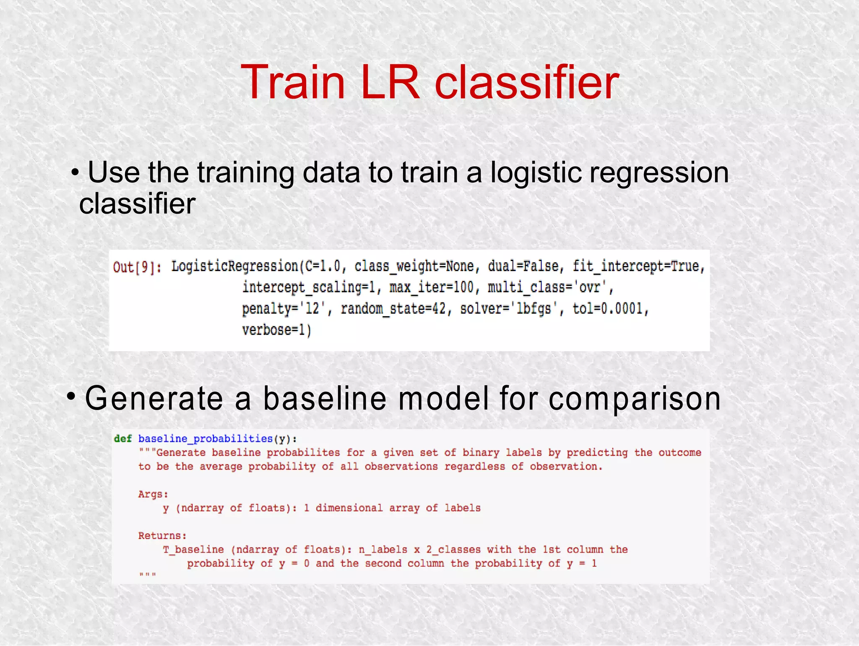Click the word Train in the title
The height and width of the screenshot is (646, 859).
pyautogui.click(x=293, y=82)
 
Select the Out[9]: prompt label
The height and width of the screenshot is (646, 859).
pyautogui.click(x=137, y=267)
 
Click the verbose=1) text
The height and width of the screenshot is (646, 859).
pyautogui.click(x=276, y=330)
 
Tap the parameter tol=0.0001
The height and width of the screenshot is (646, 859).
pyautogui.click(x=610, y=309)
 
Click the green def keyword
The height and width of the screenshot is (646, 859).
pyautogui.click(x=123, y=439)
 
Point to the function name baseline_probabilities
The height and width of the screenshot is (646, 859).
pyautogui.click(x=206, y=439)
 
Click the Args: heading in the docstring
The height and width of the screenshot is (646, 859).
pyautogui.click(x=153, y=494)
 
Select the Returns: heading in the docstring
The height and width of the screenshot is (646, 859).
pyautogui.click(x=162, y=536)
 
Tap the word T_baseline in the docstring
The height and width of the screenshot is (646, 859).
pyautogui.click(x=193, y=549)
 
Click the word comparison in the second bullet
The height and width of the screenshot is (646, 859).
pyautogui.click(x=635, y=399)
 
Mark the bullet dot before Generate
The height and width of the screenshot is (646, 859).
pyautogui.click(x=72, y=395)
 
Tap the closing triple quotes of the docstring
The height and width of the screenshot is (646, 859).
pyautogui.click(x=147, y=575)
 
